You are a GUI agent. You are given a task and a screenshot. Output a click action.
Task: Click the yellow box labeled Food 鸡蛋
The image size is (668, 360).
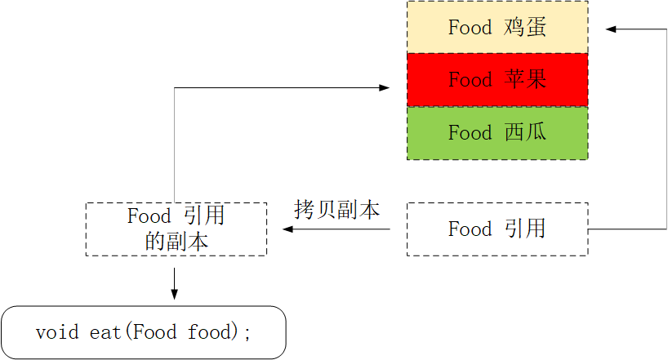(x=497, y=27)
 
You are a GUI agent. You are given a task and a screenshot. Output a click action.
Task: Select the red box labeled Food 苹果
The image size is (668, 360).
(x=497, y=80)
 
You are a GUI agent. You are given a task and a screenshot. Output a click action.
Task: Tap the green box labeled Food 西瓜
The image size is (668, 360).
(x=497, y=132)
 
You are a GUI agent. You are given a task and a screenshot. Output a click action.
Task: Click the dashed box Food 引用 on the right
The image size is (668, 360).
(x=497, y=229)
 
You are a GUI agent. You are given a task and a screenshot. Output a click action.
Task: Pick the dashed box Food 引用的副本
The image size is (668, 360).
(x=176, y=229)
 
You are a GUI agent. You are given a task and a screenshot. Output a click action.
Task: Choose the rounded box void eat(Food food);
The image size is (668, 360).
(x=144, y=332)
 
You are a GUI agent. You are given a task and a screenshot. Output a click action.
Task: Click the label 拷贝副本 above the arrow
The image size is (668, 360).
(x=336, y=210)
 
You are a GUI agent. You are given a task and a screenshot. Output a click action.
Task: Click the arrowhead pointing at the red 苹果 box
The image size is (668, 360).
(x=385, y=87)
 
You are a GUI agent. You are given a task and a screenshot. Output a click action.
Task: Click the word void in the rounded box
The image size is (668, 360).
(x=57, y=332)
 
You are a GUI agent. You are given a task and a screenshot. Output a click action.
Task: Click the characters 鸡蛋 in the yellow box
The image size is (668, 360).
(x=524, y=27)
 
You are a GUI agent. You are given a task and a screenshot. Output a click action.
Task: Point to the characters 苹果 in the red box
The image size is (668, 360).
(x=524, y=80)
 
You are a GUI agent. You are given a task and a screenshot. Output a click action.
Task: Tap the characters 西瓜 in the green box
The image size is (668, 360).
(x=524, y=132)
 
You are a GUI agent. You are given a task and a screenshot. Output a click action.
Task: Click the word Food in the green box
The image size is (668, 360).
(x=470, y=132)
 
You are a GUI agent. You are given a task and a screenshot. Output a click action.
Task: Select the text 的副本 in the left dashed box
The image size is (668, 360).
(x=176, y=242)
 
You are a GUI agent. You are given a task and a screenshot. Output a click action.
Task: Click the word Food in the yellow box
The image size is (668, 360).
(x=470, y=27)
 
